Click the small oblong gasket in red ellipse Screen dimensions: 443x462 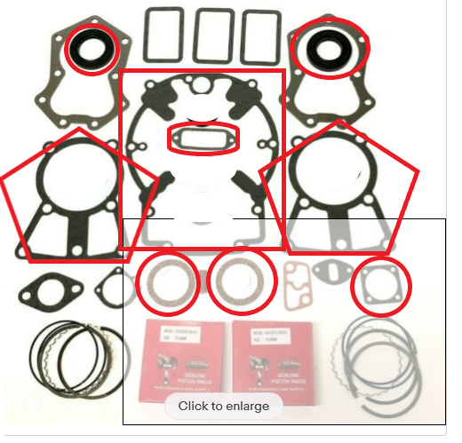click(x=203, y=138)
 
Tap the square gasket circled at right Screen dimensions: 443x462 click(x=382, y=285)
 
